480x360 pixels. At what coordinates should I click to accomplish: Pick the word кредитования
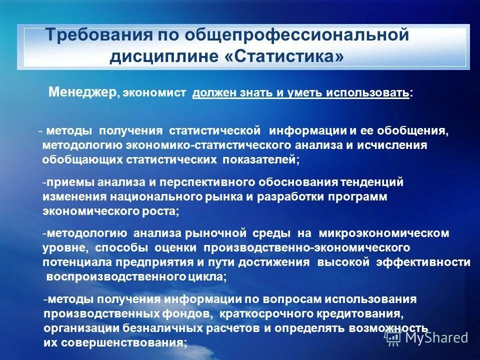pos(352,313)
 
